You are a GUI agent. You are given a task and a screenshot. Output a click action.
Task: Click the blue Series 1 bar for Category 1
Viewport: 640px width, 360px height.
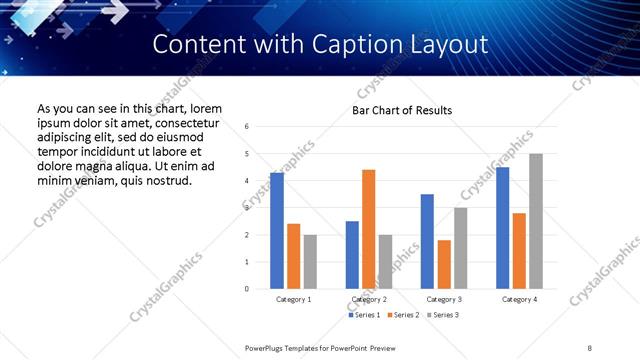click(x=277, y=231)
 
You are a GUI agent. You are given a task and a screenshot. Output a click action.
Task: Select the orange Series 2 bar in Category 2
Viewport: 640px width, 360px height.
click(x=368, y=229)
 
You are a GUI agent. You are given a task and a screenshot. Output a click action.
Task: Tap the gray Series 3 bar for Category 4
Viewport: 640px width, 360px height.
click(x=536, y=221)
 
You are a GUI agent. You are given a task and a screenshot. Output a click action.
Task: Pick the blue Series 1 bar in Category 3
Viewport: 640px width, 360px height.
click(x=427, y=242)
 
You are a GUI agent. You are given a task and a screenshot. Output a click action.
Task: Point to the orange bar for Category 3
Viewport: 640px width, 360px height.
click(x=444, y=265)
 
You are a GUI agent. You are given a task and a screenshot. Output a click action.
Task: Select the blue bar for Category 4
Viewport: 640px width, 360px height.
click(x=503, y=228)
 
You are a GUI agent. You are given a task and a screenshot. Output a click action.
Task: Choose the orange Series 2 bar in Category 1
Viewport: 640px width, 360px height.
click(x=293, y=256)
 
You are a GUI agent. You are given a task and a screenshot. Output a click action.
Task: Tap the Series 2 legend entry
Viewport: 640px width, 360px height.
click(x=403, y=315)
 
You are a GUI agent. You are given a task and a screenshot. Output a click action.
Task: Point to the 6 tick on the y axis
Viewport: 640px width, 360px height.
click(x=246, y=127)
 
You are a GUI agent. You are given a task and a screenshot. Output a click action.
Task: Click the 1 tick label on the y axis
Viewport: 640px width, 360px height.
click(x=246, y=262)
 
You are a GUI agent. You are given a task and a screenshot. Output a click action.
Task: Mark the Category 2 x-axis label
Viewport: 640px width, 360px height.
click(x=369, y=299)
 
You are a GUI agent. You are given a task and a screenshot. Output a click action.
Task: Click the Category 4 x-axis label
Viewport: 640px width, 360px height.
click(x=519, y=299)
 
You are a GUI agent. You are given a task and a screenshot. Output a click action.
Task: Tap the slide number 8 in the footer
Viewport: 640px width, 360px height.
click(x=590, y=347)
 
